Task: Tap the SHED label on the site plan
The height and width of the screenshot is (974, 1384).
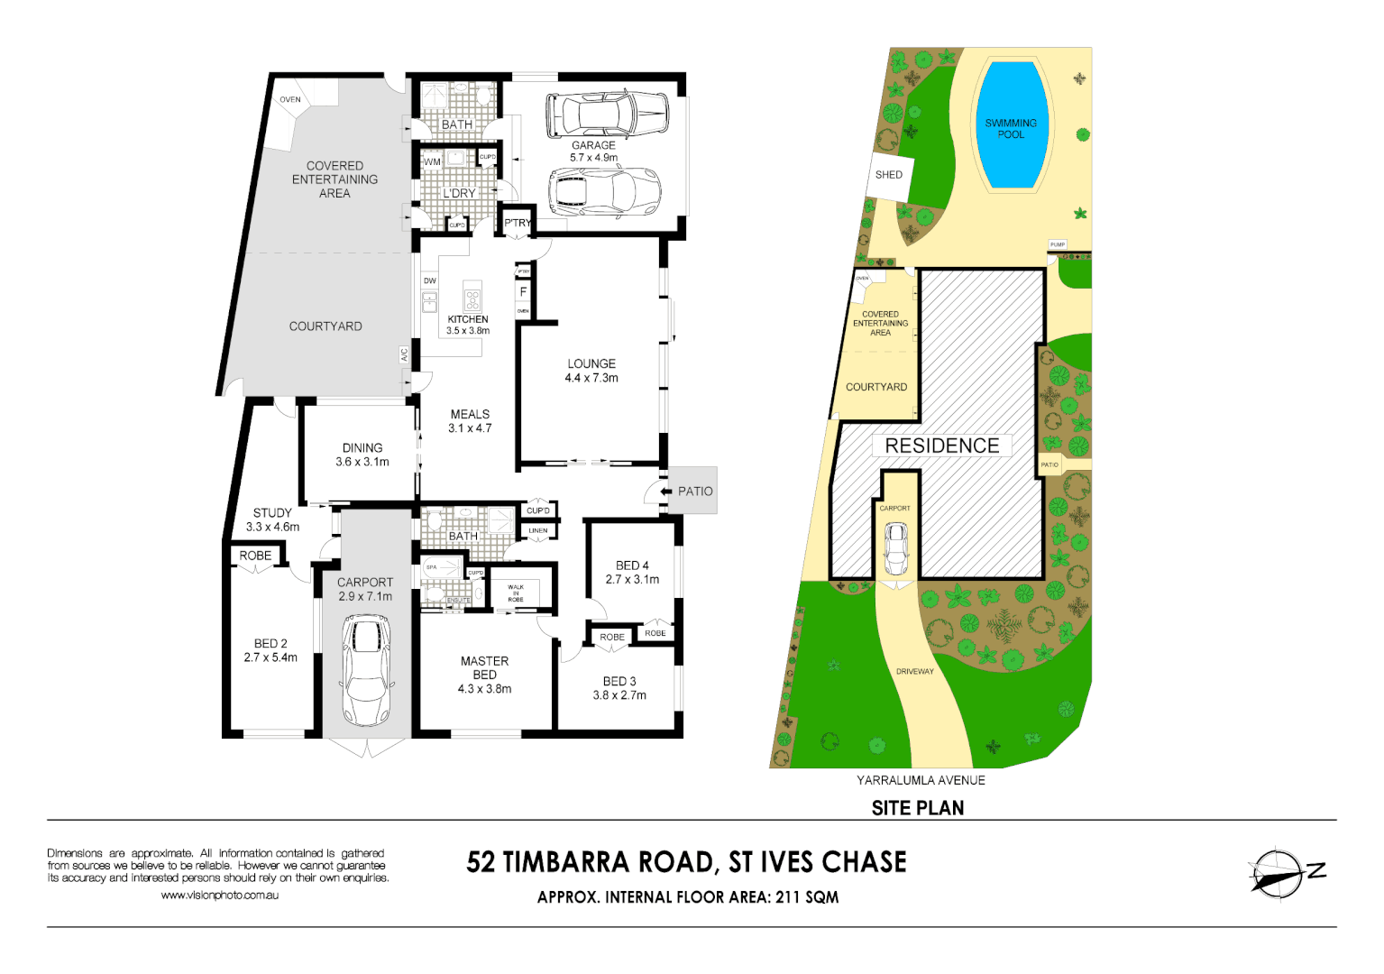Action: click(x=888, y=175)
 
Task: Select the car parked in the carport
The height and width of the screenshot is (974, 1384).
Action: click(x=366, y=669)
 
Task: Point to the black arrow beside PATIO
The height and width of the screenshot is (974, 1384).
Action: click(x=666, y=492)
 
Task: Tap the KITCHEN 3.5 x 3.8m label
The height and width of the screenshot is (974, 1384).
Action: click(x=468, y=325)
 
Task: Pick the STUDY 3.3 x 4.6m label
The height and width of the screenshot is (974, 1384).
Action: click(x=272, y=519)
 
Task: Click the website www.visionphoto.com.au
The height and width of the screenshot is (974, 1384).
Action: click(x=219, y=896)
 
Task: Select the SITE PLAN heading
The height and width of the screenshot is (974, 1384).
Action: click(x=917, y=808)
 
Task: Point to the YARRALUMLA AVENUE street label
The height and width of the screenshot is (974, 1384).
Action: click(x=921, y=780)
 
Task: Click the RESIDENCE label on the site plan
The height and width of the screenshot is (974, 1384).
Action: click(x=941, y=446)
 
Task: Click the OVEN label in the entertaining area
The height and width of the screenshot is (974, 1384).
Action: click(x=290, y=100)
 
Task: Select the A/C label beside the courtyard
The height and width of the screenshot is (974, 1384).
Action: click(x=404, y=355)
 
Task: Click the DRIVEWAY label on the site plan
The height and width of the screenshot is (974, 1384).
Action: click(x=914, y=672)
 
